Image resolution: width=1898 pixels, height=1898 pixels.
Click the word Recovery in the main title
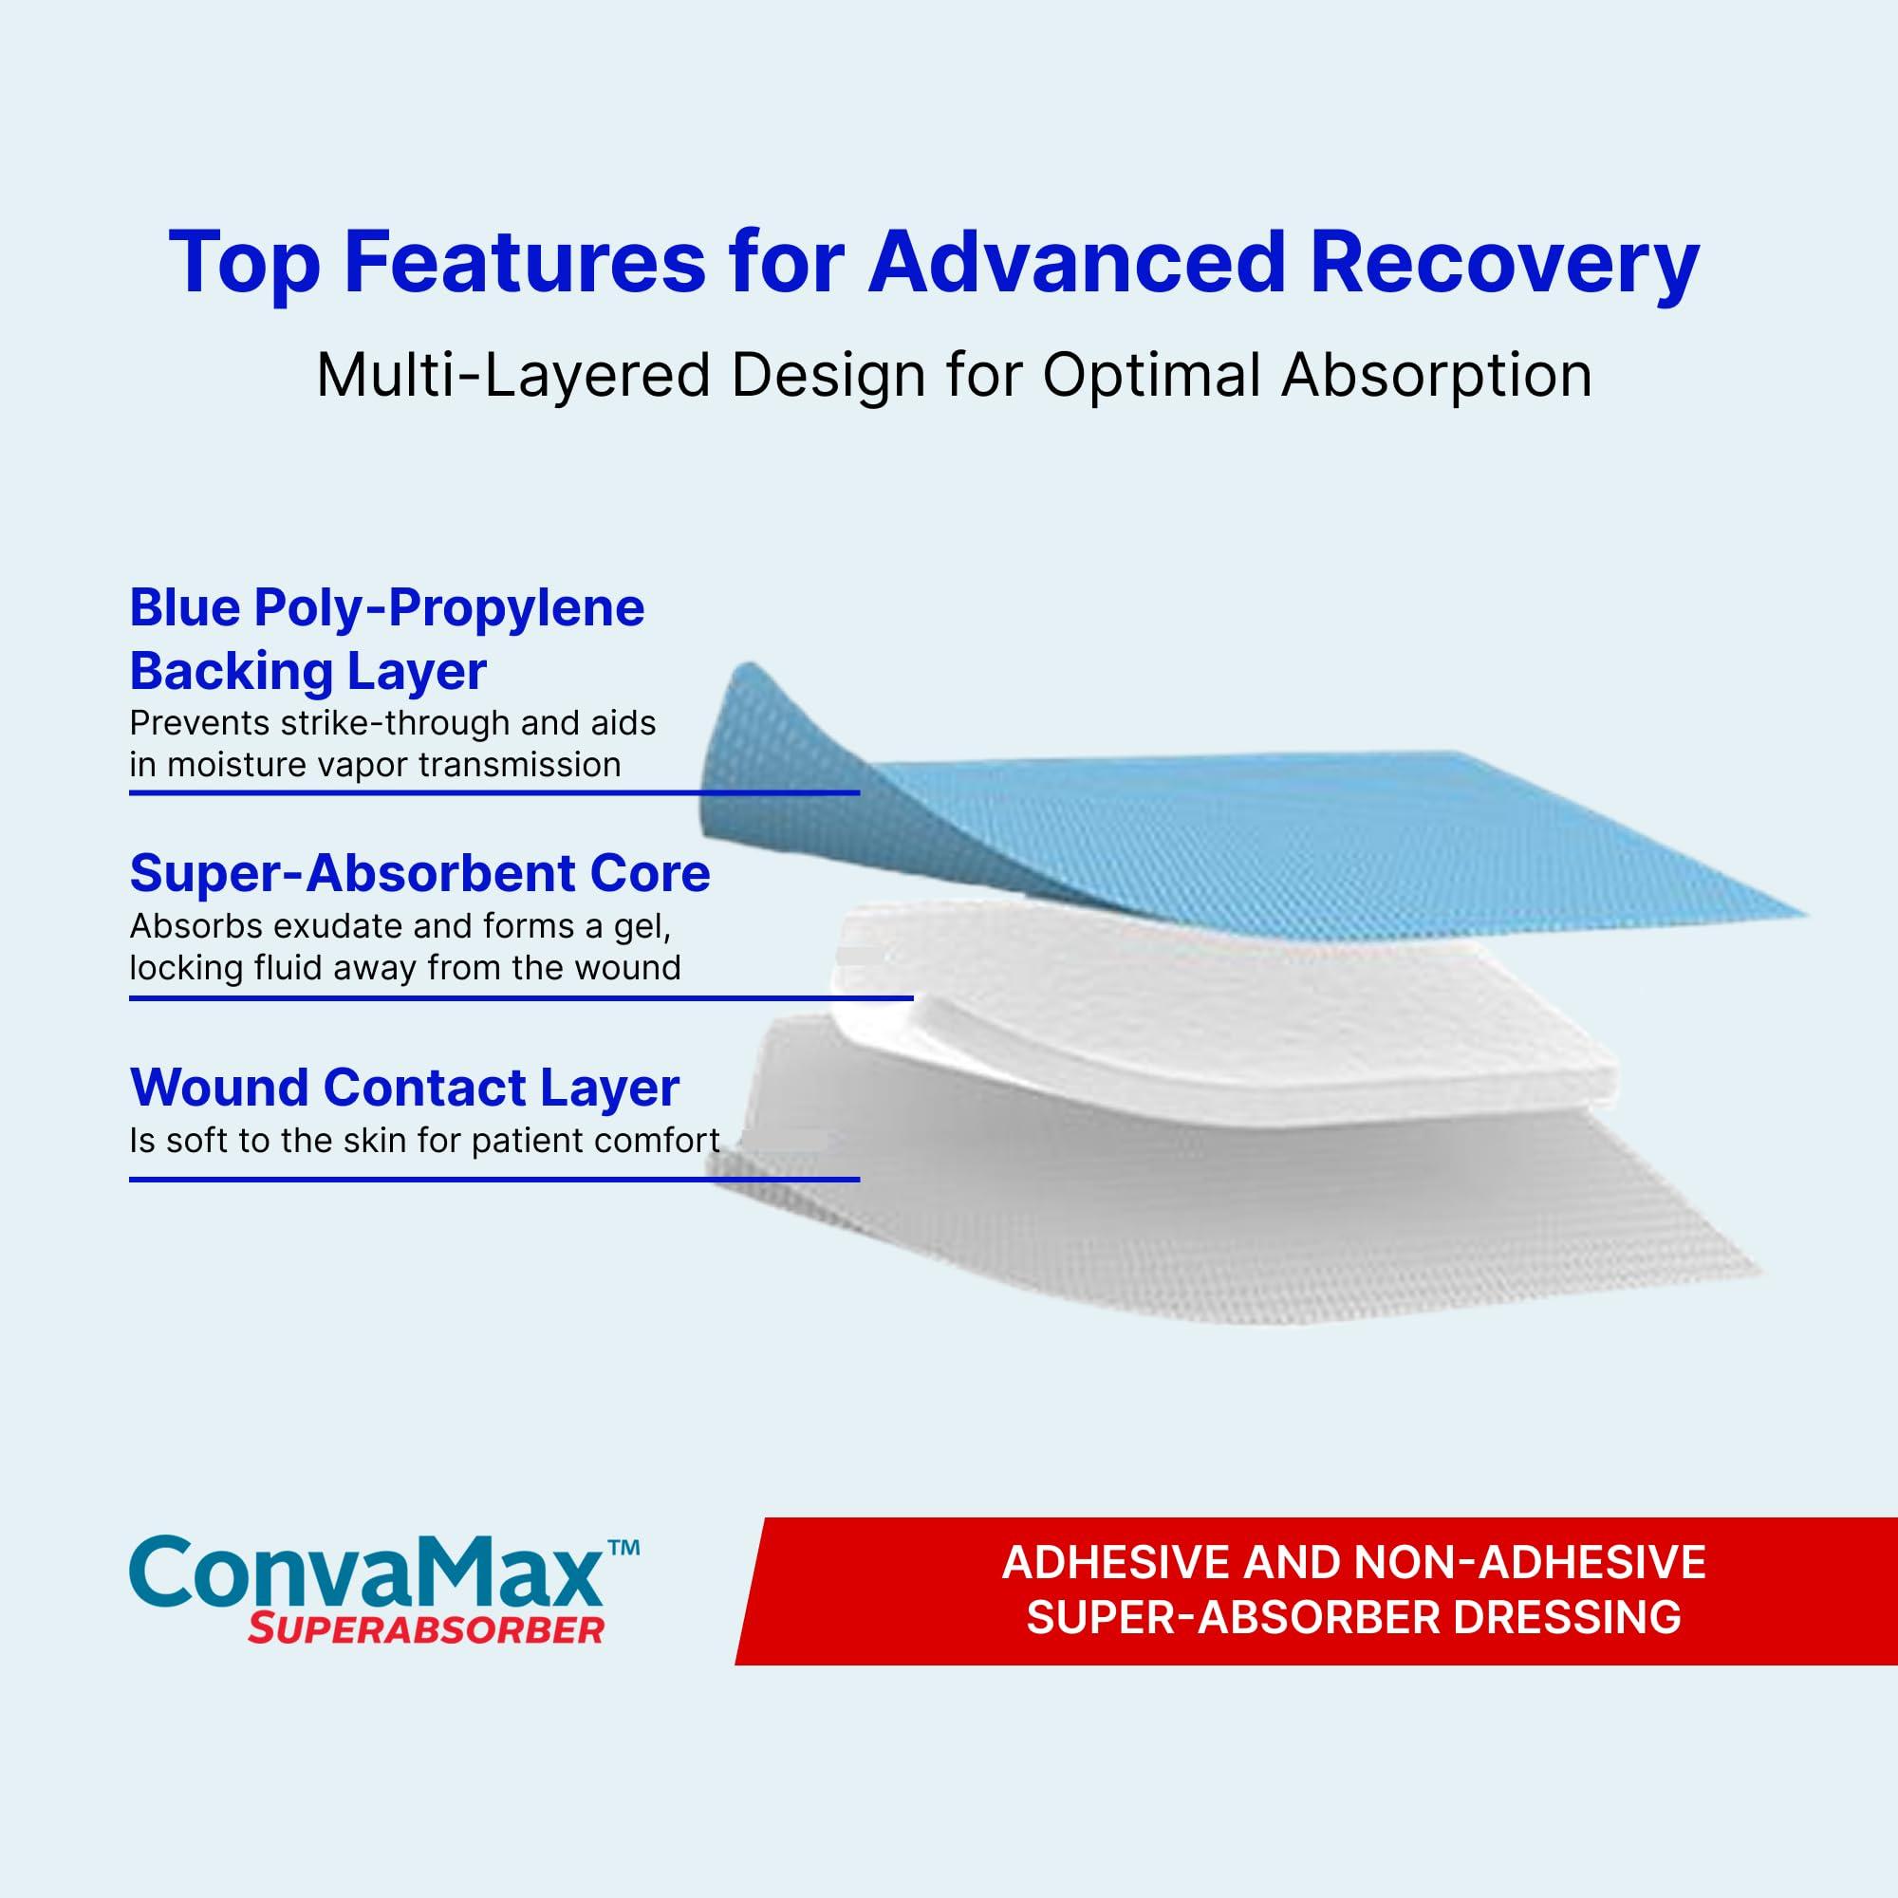tap(1503, 263)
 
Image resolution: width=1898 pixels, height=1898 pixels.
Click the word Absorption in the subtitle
tap(1436, 375)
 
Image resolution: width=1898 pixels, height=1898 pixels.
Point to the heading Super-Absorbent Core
tap(419, 872)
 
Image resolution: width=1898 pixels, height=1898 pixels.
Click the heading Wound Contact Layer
tap(403, 1087)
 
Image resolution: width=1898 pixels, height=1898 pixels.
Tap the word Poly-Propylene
tap(449, 607)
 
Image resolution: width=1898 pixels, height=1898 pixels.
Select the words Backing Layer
tap(307, 672)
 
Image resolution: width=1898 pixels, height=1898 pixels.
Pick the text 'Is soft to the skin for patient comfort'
tap(424, 1141)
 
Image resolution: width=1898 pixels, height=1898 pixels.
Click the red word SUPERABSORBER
tap(424, 1630)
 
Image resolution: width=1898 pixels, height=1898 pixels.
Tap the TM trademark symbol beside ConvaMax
tap(623, 1546)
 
